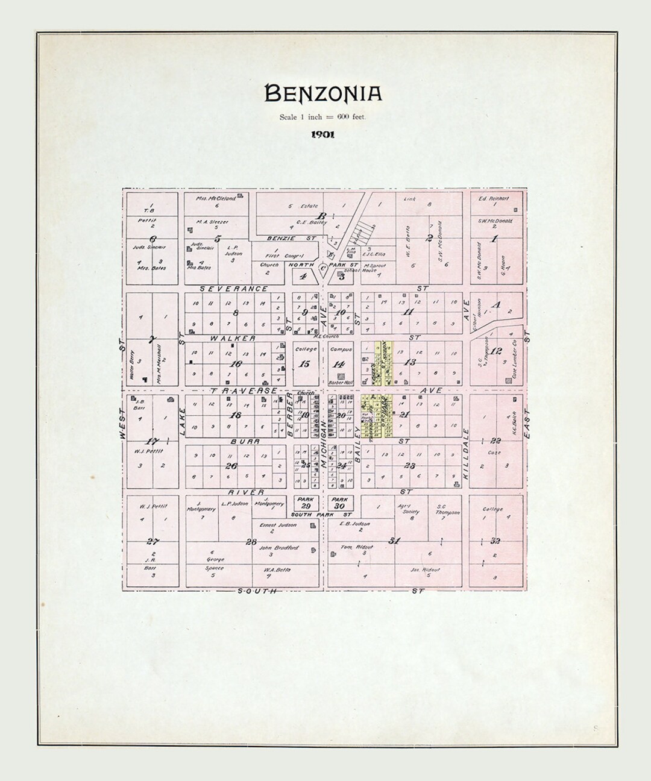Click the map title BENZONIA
click(x=323, y=93)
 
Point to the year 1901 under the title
click(x=323, y=135)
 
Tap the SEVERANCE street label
click(x=234, y=289)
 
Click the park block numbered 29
click(x=306, y=503)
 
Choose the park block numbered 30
click(x=340, y=503)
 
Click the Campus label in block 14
click(x=341, y=349)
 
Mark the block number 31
click(x=395, y=541)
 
